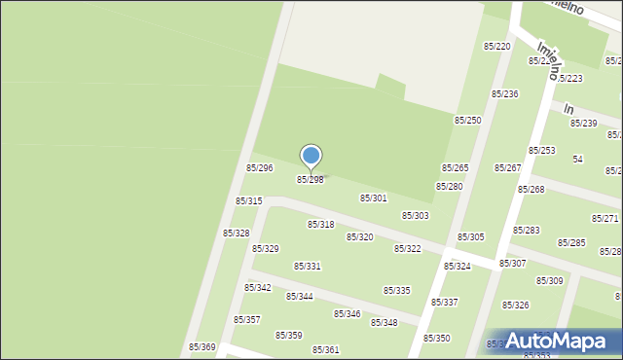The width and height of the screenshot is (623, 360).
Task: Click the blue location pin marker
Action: [x=311, y=157]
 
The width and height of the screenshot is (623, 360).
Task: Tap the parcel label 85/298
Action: [x=311, y=180]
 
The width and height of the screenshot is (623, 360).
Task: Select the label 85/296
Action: [x=259, y=168]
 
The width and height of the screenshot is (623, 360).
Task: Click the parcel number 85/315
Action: [x=248, y=201]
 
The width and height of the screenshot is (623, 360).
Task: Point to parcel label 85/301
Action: [x=374, y=198]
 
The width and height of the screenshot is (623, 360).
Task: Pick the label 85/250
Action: [x=467, y=120]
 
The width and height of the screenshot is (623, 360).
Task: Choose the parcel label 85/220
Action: [x=497, y=47]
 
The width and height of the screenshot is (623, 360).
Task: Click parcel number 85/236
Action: [x=504, y=94]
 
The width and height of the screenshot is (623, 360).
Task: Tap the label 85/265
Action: [x=456, y=168]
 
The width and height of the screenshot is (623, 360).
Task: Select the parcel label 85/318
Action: [x=321, y=225]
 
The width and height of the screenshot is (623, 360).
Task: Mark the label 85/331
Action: [x=308, y=267]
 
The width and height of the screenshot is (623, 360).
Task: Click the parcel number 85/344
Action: [x=299, y=297]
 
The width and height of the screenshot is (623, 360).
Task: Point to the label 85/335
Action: [x=396, y=291]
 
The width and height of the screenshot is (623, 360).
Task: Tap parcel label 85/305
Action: [x=471, y=237]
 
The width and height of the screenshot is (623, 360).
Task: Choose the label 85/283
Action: [x=527, y=231]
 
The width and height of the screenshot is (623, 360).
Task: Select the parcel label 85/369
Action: [x=202, y=347]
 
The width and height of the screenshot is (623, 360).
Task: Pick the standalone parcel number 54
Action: [x=577, y=159]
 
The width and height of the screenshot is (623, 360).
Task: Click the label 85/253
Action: [x=541, y=151]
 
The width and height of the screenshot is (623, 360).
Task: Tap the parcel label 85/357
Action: [x=246, y=320]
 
